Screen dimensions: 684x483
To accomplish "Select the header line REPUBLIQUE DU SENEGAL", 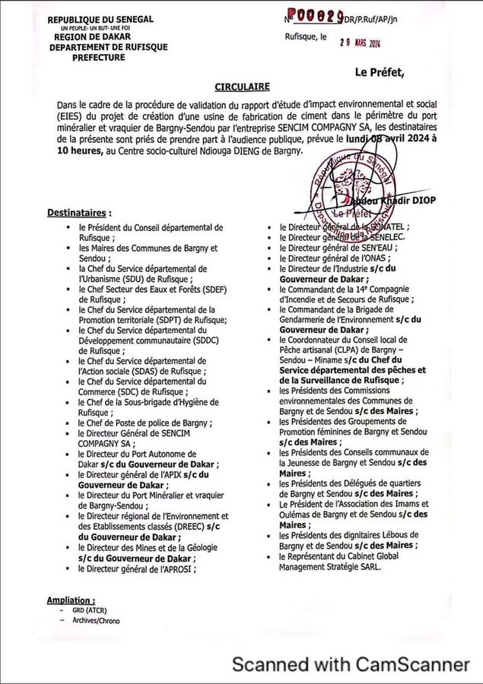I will [100, 20].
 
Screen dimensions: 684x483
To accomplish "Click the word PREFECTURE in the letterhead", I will [107, 55].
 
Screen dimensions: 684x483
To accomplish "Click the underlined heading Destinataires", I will [79, 211].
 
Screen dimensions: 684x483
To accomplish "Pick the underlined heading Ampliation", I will [71, 600].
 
